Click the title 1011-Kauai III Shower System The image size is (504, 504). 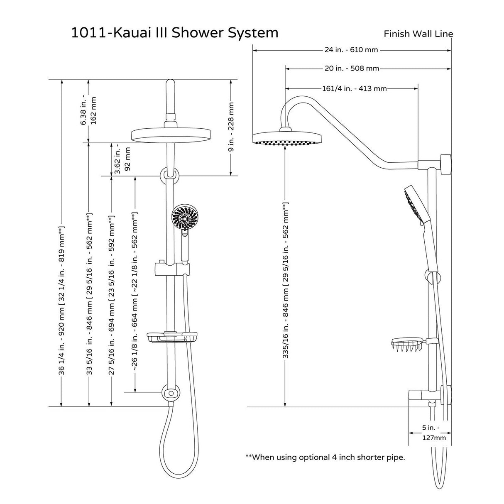[x=175, y=32]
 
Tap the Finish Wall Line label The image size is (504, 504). [x=418, y=34]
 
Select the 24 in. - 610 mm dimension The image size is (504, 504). [x=351, y=50]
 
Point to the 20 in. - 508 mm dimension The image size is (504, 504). [x=352, y=69]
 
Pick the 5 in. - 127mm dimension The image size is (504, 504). [x=431, y=432]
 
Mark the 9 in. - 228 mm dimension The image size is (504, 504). [x=231, y=127]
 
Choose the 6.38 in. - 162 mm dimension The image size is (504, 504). [x=89, y=111]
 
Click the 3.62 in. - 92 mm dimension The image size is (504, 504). [x=123, y=159]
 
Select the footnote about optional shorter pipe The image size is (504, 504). [x=325, y=458]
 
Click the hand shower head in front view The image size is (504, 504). [x=182, y=217]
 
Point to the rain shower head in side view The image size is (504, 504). [x=288, y=139]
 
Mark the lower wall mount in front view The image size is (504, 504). [x=171, y=392]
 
